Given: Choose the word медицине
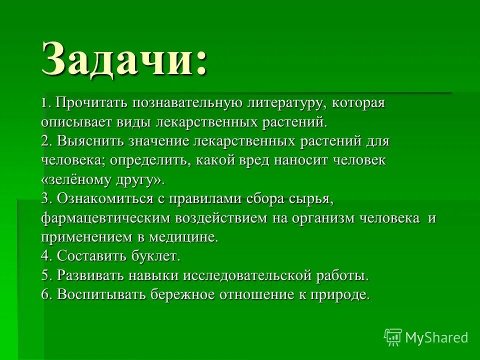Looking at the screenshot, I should tap(182, 236).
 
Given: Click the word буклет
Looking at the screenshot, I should tap(155, 256).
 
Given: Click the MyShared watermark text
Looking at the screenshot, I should tap(436, 337).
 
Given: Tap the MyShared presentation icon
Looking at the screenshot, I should tap(393, 337).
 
